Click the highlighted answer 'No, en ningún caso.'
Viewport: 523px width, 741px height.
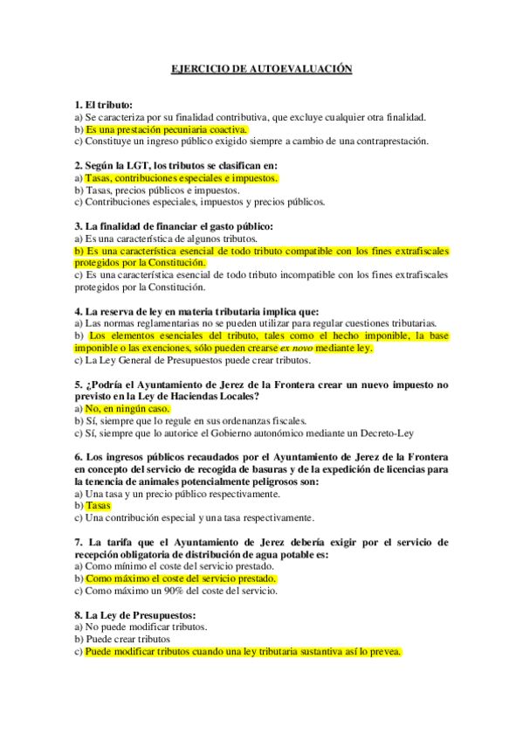[127, 409]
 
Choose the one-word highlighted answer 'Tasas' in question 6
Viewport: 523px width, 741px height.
[98, 506]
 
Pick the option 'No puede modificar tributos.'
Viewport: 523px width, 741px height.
[145, 627]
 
